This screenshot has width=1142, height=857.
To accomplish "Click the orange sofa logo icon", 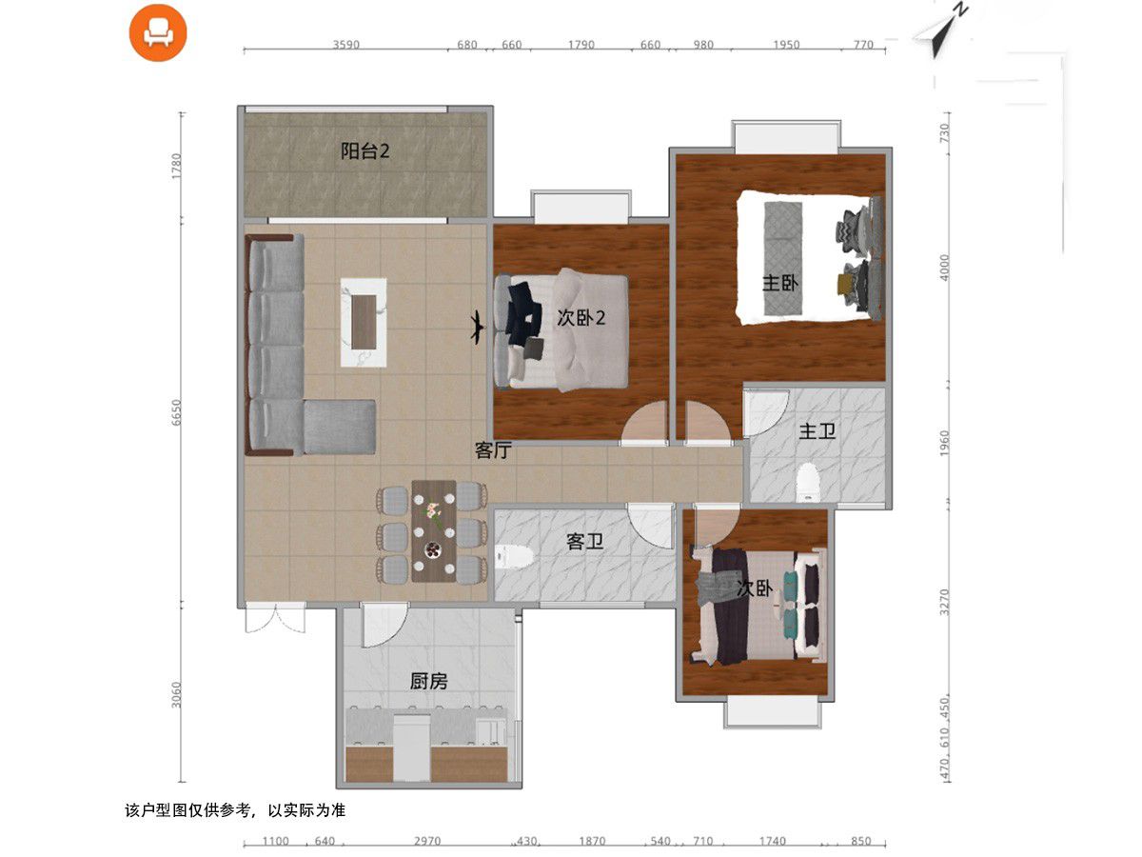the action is pyautogui.click(x=158, y=32).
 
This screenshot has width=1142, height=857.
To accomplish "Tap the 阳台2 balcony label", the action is pyautogui.click(x=364, y=151).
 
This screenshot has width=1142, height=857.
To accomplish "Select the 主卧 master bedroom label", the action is pyautogui.click(x=779, y=284).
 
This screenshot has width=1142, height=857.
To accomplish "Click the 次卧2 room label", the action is pyautogui.click(x=581, y=317).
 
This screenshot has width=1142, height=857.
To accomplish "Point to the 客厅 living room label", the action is pyautogui.click(x=493, y=450).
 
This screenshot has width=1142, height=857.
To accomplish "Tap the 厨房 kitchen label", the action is pyautogui.click(x=428, y=681).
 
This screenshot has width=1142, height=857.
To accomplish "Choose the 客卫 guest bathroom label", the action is pyautogui.click(x=584, y=542).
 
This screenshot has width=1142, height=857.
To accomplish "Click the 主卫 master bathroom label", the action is pyautogui.click(x=817, y=430).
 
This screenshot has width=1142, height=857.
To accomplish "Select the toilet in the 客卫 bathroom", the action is pyautogui.click(x=514, y=557).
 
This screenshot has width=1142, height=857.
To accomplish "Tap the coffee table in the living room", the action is pyautogui.click(x=364, y=323).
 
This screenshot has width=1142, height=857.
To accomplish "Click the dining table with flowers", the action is pyautogui.click(x=434, y=530).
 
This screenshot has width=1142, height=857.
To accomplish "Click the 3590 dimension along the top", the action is pyautogui.click(x=346, y=45).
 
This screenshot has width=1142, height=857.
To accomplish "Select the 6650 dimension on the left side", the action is pyautogui.click(x=177, y=412).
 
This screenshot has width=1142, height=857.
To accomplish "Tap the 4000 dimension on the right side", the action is pyautogui.click(x=944, y=268).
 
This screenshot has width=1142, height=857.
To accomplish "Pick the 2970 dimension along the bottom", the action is pyautogui.click(x=427, y=842).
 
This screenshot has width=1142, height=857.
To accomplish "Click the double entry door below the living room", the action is pyautogui.click(x=275, y=618).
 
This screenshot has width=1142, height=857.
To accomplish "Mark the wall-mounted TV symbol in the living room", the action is pyautogui.click(x=477, y=328).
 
